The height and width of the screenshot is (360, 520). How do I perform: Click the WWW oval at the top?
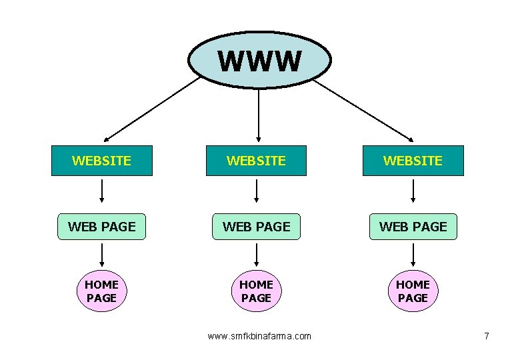coord(259,61)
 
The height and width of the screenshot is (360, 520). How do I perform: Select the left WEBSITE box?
coord(101,161)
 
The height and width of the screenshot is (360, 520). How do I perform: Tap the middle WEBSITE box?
coord(256,161)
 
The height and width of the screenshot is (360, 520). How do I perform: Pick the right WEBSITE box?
coord(413,161)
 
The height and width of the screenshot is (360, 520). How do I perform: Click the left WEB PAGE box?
coord(101,227)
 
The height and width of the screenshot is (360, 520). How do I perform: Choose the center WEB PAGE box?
coord(256,227)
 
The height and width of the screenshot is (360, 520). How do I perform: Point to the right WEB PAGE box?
coord(413,227)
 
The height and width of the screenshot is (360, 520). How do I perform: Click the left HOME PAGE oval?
coord(101,291)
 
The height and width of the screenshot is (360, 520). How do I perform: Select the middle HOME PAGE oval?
coord(256,291)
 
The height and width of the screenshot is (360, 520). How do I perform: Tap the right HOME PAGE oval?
coord(413,291)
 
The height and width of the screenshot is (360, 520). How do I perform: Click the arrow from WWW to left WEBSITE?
coord(151,109)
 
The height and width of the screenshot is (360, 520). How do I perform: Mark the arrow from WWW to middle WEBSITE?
coord(259,115)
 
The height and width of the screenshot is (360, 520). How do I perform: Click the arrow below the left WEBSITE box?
coord(102,191)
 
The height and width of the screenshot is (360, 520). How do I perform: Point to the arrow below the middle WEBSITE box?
coord(257,191)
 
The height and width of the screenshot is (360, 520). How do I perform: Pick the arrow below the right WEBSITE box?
coord(413,191)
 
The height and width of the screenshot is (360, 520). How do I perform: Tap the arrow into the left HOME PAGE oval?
coord(102,255)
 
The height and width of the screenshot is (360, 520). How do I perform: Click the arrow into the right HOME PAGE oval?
coord(413,255)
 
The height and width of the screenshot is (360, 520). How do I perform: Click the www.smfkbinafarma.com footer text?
coord(259,336)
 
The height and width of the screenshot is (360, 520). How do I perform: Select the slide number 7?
coord(487,336)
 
